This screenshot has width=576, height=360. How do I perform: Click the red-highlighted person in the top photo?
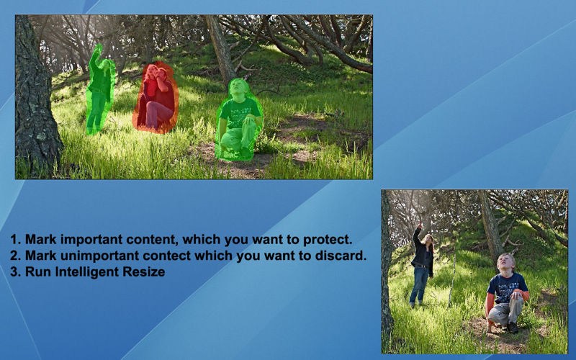point(156,97)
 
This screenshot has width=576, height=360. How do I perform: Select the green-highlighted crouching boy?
point(239,120)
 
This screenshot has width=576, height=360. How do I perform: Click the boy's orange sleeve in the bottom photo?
point(490,305)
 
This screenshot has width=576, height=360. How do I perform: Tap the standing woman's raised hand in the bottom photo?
point(419,224)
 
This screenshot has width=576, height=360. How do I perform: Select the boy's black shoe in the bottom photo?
point(513,328)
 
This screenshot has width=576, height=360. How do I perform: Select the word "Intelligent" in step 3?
point(87,271)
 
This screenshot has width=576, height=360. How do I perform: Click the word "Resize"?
point(143,271)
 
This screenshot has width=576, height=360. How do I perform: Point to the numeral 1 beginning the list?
point(14,240)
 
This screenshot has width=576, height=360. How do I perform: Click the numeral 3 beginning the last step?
point(14,271)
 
